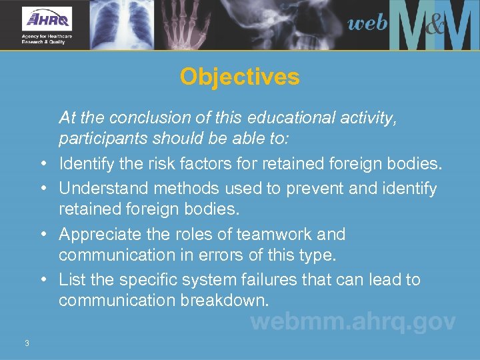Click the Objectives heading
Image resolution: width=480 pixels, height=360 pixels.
[239, 77]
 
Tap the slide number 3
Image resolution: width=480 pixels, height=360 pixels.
[27, 343]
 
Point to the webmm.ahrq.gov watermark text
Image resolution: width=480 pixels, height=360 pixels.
[353, 322]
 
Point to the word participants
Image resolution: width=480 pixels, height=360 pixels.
[97, 140]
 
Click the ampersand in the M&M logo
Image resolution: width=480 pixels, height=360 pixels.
[434, 27]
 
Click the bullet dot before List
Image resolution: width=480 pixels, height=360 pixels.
[43, 280]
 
